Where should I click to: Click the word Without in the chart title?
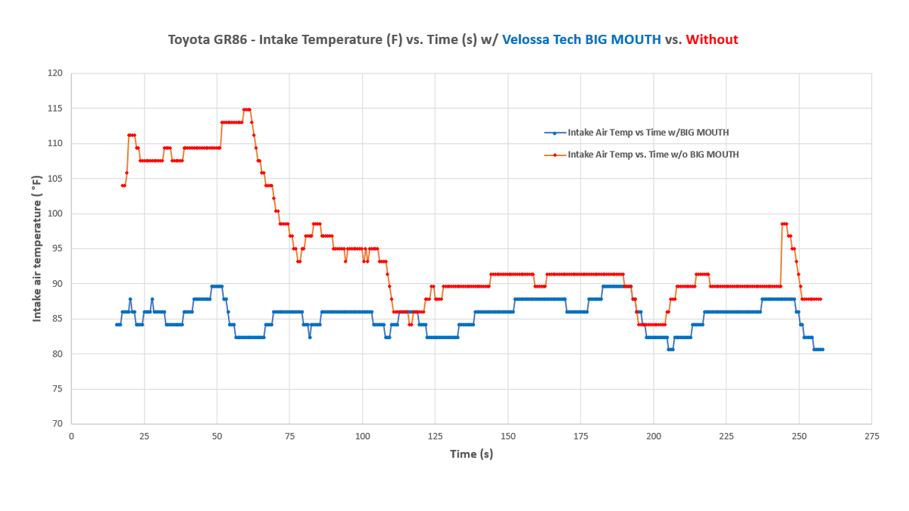click(x=711, y=39)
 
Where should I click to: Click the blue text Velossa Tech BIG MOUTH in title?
click(x=581, y=39)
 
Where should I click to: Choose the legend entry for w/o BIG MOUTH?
click(x=652, y=154)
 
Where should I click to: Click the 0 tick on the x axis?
click(x=71, y=437)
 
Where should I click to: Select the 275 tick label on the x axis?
click(x=872, y=437)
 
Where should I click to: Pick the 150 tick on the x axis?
click(x=508, y=437)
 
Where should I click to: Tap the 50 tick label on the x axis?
click(x=217, y=437)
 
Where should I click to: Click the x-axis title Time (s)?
click(x=471, y=454)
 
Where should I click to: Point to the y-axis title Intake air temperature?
click(x=36, y=248)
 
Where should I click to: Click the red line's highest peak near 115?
click(x=246, y=110)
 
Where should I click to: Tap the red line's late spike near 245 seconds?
click(x=784, y=224)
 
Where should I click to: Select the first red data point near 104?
click(x=122, y=185)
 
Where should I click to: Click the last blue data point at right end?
click(x=822, y=349)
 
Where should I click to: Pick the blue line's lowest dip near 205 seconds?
click(x=670, y=349)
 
